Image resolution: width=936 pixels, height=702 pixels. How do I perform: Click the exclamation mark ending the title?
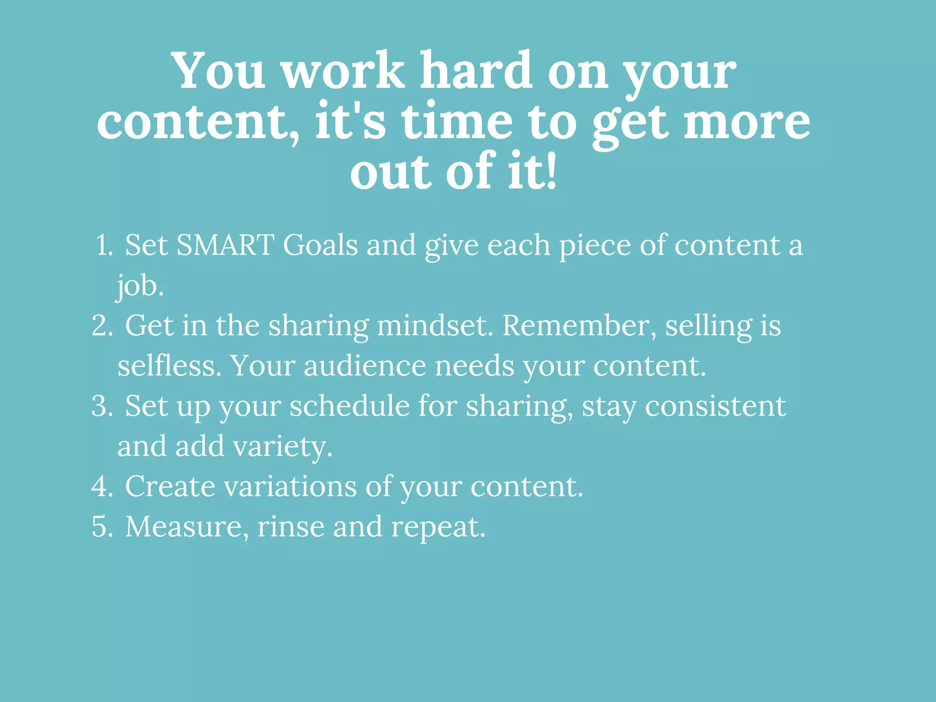(x=550, y=171)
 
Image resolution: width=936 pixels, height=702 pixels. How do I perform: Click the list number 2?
(x=101, y=326)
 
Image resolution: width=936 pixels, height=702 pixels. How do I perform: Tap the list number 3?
(x=101, y=406)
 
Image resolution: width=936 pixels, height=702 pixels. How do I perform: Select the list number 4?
(x=101, y=486)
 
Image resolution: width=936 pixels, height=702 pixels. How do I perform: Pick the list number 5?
(x=101, y=526)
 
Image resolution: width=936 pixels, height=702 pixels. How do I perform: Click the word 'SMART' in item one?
(x=225, y=245)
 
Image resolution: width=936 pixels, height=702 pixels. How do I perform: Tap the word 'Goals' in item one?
(x=320, y=245)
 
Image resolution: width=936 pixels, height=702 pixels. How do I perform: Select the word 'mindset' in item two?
(x=435, y=326)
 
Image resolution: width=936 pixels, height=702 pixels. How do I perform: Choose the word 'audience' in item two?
(x=365, y=366)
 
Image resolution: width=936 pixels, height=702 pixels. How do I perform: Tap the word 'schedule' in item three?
(x=350, y=406)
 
